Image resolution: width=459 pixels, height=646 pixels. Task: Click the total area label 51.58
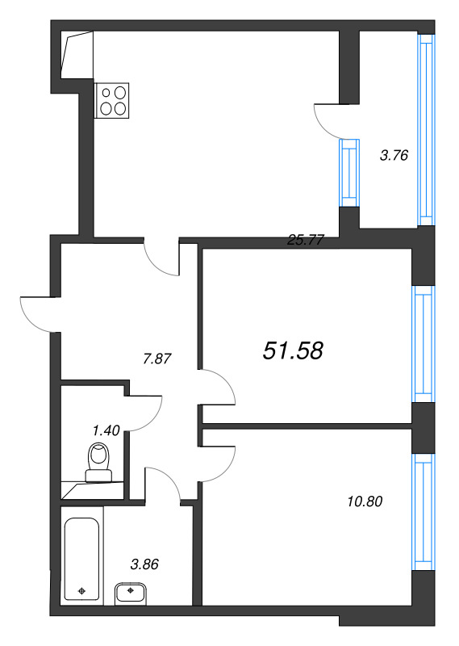293,351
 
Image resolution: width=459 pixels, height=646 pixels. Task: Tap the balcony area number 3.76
394,155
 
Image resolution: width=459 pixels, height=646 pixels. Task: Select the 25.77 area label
306,240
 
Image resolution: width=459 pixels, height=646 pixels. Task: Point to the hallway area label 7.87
156,359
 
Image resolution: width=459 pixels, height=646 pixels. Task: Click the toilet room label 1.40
106,430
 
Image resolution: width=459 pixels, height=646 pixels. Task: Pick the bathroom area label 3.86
144,564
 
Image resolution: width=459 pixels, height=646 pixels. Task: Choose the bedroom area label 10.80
365,501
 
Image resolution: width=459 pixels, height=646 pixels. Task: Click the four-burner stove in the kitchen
111,100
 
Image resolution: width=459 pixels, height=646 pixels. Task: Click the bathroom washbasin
131,593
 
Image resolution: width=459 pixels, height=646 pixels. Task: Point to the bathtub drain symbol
82,591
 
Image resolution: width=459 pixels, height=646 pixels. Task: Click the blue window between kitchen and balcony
349,173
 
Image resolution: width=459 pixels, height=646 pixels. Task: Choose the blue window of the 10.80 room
424,512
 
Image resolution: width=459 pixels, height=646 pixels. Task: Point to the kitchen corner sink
77,55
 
